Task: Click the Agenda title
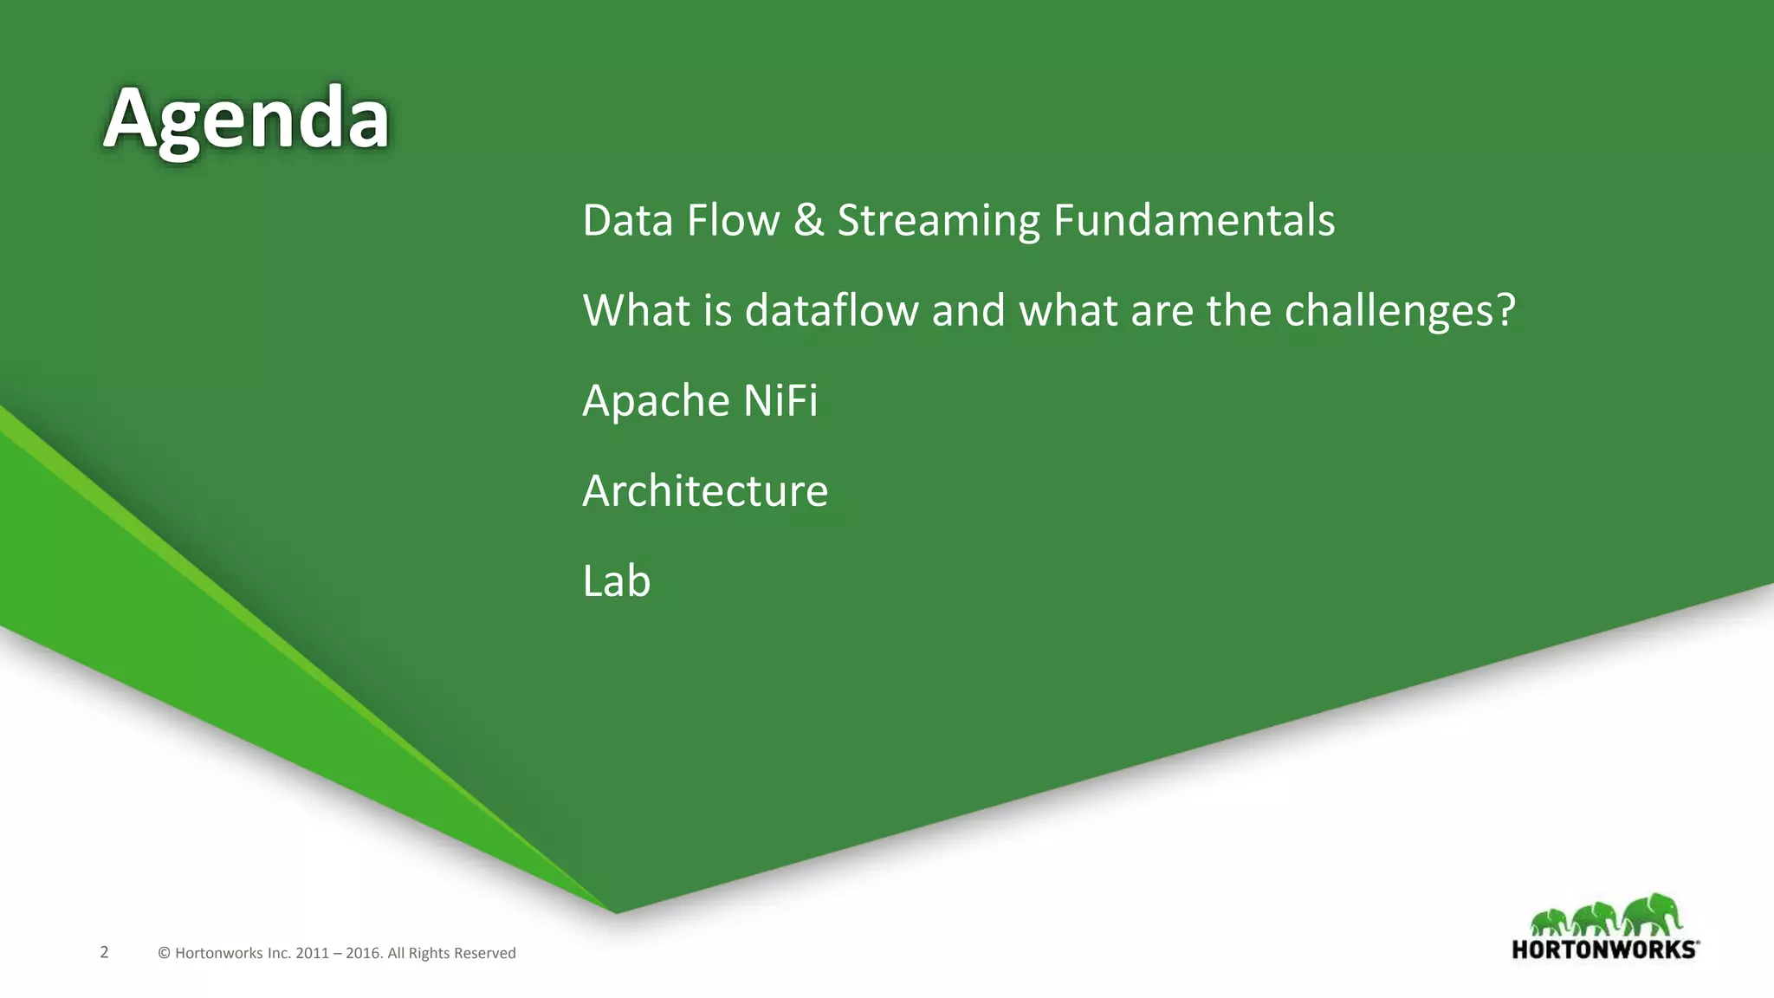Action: point(246,119)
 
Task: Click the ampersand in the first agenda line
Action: point(808,220)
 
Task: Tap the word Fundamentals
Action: point(1194,220)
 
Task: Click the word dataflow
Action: point(832,310)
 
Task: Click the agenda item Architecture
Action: point(705,491)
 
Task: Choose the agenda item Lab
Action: point(616,580)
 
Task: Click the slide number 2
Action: point(104,952)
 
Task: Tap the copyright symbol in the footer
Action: point(164,953)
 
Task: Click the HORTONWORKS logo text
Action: point(1603,949)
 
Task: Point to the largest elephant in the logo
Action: point(1653,915)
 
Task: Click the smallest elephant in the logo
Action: point(1549,923)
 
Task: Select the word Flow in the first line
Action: point(733,220)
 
